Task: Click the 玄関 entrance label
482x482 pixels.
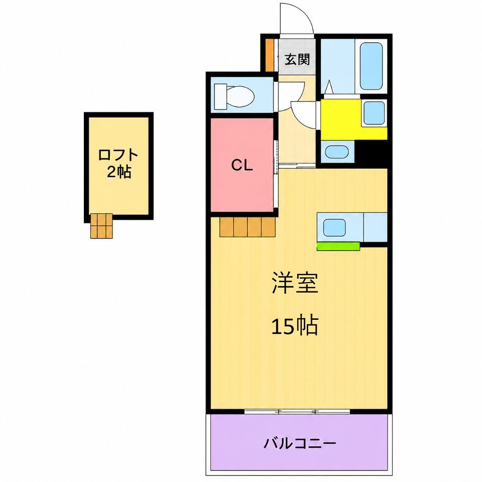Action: coord(297,59)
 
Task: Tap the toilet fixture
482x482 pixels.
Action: coord(234,96)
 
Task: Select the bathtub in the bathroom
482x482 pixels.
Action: coord(371,66)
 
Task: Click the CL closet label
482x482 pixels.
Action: coord(242,166)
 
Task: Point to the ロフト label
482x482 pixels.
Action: coord(118,155)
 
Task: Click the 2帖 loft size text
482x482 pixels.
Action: coord(119,172)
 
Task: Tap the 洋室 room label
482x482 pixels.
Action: coord(295,283)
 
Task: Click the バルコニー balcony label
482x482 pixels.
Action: coord(300,443)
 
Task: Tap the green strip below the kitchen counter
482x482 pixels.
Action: coord(338,246)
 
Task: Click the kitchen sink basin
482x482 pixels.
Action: coord(334,227)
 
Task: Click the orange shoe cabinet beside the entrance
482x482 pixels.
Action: coord(269,55)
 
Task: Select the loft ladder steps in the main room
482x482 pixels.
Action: coord(248,227)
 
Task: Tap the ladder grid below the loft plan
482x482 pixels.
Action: coord(101,225)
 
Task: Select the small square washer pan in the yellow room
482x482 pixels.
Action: coord(374,112)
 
